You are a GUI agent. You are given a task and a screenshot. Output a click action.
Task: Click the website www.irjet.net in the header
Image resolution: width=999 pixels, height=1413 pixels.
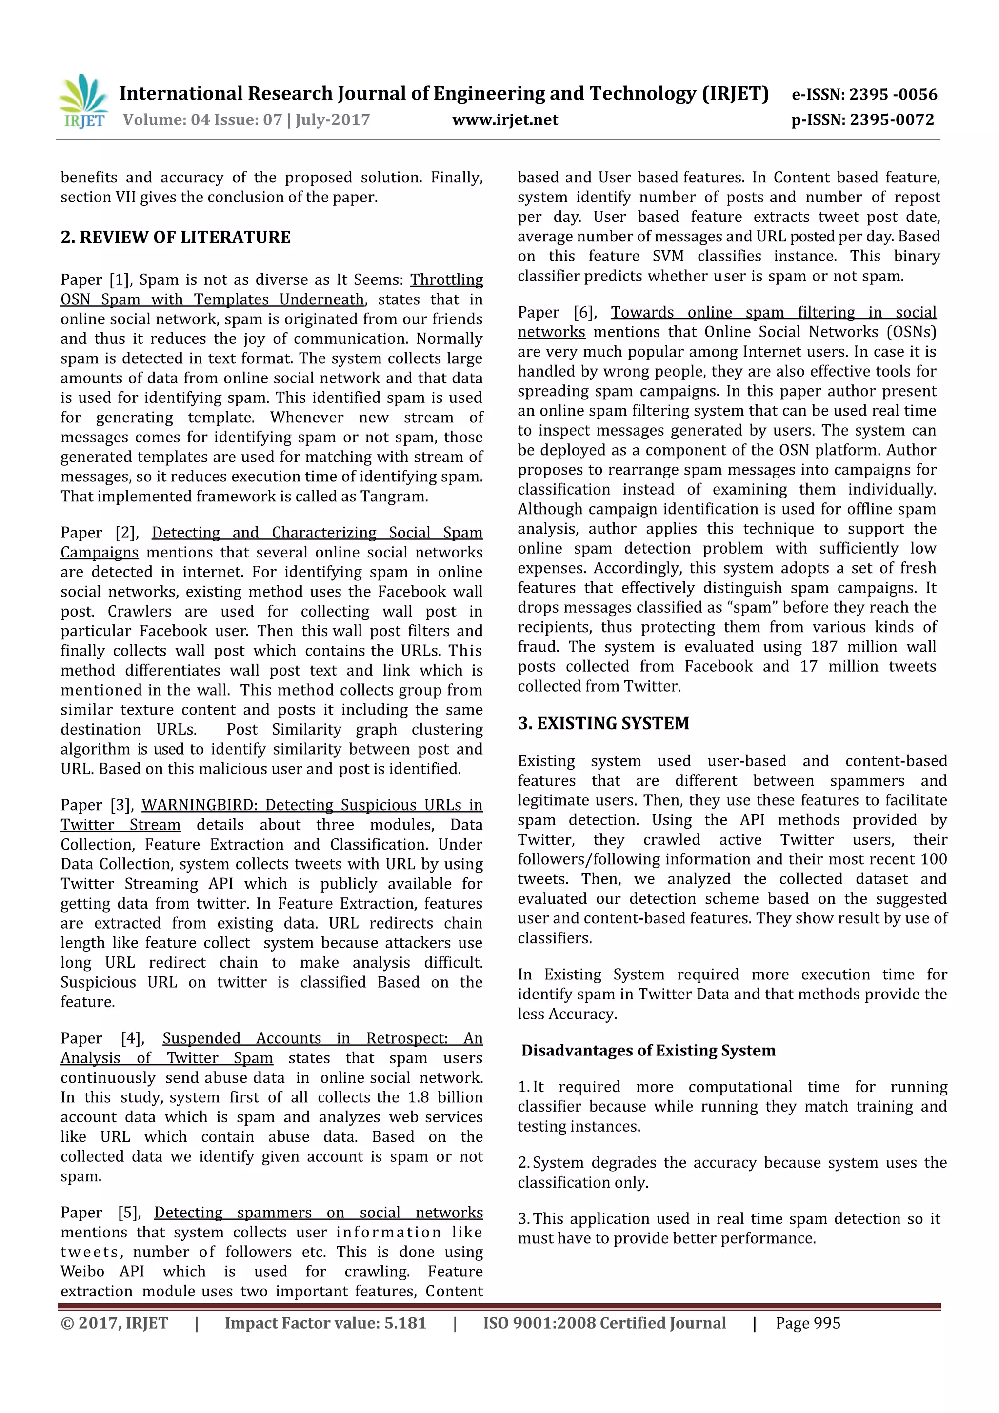pyautogui.click(x=505, y=120)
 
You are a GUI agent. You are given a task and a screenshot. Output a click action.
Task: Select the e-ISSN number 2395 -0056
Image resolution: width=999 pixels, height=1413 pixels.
pyautogui.click(x=893, y=94)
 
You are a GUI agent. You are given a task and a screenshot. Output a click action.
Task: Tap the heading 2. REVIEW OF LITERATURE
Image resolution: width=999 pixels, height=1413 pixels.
pyautogui.click(x=176, y=238)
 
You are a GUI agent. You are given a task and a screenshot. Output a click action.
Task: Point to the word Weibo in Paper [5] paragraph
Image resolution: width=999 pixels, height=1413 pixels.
pyautogui.click(x=82, y=1272)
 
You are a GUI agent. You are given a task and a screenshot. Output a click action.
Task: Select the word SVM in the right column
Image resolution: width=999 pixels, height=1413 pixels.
pyautogui.click(x=668, y=256)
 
